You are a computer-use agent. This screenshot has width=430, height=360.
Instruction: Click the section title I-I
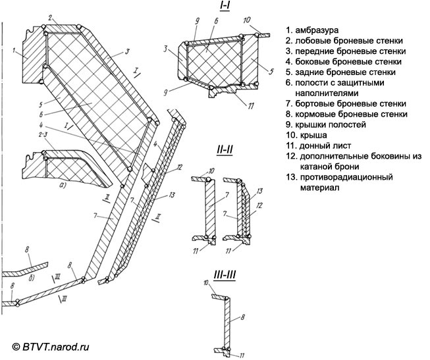224,6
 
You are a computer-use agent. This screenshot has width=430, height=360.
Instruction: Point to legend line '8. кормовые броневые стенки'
346,114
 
